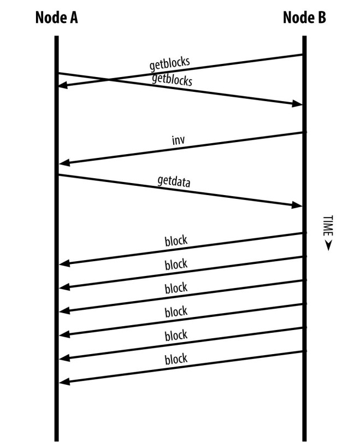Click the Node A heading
point(56,17)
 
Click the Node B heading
point(304,17)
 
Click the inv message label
point(179,140)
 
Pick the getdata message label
point(174,181)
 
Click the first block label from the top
point(176,241)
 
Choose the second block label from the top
point(176,264)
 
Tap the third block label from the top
point(176,288)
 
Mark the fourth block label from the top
point(176,311)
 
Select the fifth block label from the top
point(176,335)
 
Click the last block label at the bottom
point(176,358)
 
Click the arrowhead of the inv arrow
point(63,162)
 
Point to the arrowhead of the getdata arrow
point(297,205)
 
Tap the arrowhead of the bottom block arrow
point(63,381)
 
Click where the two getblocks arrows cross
point(108,80)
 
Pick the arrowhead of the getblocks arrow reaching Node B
point(297,104)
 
